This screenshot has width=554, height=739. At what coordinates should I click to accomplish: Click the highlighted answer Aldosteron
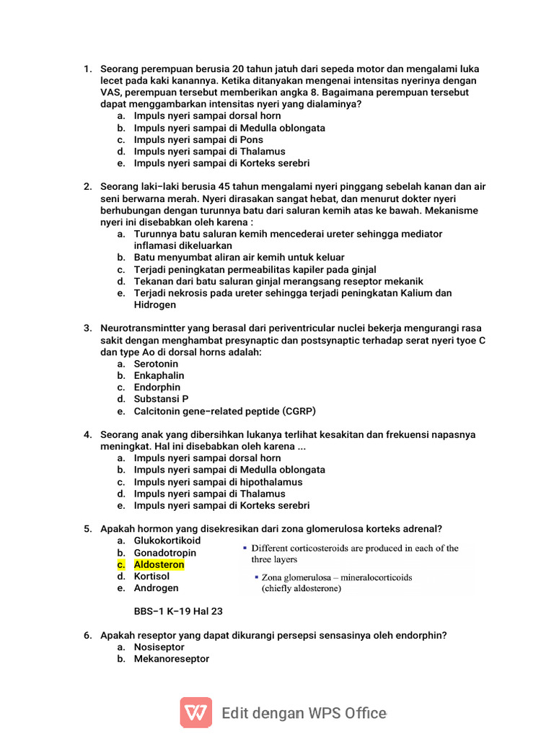[159, 564]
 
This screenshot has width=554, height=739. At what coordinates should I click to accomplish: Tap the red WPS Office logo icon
[195, 712]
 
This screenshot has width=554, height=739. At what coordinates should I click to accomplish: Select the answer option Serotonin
[156, 364]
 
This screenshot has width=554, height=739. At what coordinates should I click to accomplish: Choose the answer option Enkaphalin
[159, 375]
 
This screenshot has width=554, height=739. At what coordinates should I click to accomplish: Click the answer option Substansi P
[161, 399]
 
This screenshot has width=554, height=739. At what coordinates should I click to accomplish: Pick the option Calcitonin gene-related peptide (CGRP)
[224, 411]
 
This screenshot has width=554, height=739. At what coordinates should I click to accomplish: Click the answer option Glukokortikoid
[167, 541]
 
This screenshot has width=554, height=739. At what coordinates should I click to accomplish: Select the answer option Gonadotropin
[164, 553]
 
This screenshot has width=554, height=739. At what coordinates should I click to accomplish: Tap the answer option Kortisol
[151, 577]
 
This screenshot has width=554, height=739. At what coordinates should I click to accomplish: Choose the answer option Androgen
[156, 588]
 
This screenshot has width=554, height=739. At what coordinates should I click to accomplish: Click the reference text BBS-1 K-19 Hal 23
[178, 611]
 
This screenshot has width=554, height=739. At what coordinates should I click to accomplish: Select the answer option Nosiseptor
[159, 647]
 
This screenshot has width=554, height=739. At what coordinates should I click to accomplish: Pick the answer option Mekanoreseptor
[172, 659]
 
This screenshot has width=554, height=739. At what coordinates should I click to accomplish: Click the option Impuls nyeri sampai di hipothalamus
[218, 481]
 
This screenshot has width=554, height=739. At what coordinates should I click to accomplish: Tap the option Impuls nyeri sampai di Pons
[198, 139]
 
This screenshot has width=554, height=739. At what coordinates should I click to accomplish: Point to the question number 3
[87, 328]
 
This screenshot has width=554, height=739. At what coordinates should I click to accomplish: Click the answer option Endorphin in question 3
[157, 388]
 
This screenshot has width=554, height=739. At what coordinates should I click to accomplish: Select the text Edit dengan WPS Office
[304, 713]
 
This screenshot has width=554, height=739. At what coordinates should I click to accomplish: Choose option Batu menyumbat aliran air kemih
[239, 257]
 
